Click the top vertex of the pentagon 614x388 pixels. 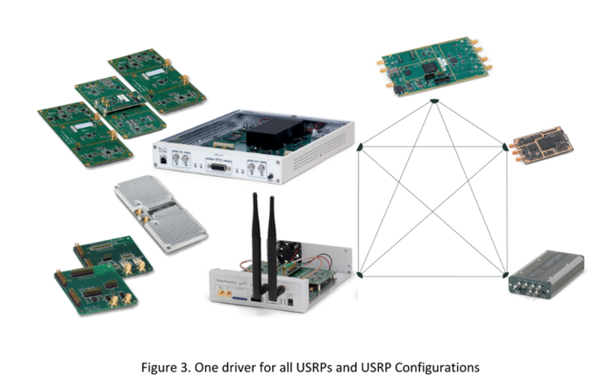(432, 102)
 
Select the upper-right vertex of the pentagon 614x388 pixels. (505, 147)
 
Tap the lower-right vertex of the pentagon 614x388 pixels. (505, 273)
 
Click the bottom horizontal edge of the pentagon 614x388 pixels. (432, 274)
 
